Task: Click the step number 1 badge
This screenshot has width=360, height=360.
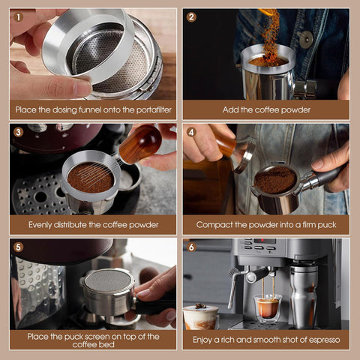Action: click(19, 16)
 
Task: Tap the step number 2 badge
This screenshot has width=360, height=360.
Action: click(192, 16)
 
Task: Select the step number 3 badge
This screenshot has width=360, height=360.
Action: click(19, 132)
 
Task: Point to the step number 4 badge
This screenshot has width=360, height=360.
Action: click(192, 132)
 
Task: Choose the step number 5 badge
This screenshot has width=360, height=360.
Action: click(19, 247)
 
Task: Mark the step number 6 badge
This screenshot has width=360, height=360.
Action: click(192, 247)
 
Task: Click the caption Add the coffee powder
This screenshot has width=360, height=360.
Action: click(265, 109)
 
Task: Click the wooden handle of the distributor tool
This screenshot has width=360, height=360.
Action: click(141, 142)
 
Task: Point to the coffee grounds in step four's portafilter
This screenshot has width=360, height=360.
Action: click(275, 179)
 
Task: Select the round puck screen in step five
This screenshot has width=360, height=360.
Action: click(108, 284)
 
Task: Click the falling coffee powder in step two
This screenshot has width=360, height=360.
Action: click(268, 30)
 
